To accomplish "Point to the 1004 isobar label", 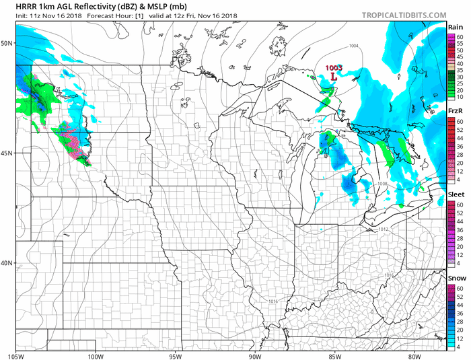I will (x=353, y=46).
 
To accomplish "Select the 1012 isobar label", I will (x=384, y=229).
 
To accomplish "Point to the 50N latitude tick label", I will (x=7, y=43).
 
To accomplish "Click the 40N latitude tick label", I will (x=7, y=263).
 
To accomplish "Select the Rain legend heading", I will (x=456, y=27).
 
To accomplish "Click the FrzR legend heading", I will (x=456, y=110).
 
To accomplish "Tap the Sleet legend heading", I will (x=456, y=194).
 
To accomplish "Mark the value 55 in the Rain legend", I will (x=460, y=43).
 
